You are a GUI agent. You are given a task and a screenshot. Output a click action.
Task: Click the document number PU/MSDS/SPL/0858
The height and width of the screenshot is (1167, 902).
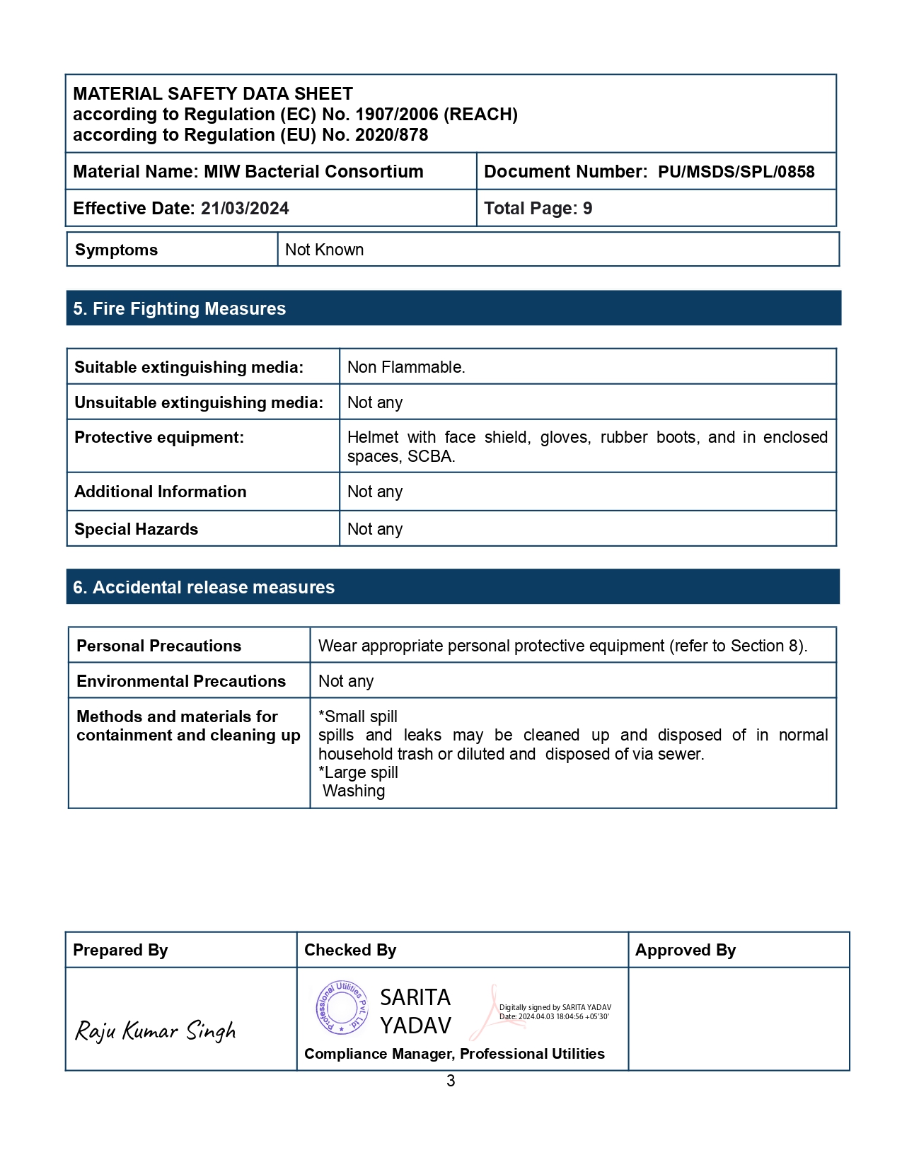[x=736, y=172]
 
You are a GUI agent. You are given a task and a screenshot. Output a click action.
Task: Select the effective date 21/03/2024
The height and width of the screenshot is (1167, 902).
[x=245, y=209]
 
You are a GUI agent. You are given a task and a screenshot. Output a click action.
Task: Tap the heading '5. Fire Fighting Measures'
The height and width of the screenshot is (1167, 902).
[x=180, y=309]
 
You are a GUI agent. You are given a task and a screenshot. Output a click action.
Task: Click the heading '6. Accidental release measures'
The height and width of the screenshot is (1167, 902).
[x=204, y=588]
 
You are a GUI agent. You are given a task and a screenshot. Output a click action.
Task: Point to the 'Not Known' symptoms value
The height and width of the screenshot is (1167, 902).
[x=324, y=250]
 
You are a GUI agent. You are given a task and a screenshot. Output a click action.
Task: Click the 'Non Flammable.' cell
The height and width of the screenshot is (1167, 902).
[x=406, y=367]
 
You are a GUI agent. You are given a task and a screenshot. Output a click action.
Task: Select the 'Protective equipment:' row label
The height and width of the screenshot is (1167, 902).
[x=159, y=438]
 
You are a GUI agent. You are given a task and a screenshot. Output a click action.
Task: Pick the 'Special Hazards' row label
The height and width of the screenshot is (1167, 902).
[x=137, y=530]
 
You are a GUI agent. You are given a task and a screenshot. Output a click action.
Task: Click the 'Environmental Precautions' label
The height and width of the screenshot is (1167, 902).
[x=181, y=681]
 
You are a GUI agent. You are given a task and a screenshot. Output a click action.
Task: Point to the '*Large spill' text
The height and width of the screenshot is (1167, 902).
[x=358, y=772]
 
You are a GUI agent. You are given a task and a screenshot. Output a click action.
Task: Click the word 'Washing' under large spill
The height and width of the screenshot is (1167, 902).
[x=354, y=791]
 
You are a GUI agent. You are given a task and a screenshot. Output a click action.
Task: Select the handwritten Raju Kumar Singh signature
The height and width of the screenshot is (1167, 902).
[x=156, y=1031]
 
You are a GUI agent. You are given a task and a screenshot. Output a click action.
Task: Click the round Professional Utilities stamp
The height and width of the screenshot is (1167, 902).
[x=342, y=1007]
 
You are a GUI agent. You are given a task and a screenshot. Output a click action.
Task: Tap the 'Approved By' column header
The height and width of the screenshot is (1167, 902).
[x=685, y=950]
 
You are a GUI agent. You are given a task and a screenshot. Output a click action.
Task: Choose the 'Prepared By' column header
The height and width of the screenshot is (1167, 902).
[x=120, y=950]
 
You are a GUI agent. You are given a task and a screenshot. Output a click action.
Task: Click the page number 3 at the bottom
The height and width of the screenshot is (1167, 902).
[x=451, y=1081]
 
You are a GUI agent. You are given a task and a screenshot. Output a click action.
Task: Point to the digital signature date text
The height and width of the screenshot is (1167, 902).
[x=554, y=1016]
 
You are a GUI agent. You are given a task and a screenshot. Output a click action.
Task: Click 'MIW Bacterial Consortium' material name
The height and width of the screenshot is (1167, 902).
[x=313, y=172]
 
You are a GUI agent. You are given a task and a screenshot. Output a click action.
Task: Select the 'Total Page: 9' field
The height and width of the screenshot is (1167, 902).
[x=538, y=209]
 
